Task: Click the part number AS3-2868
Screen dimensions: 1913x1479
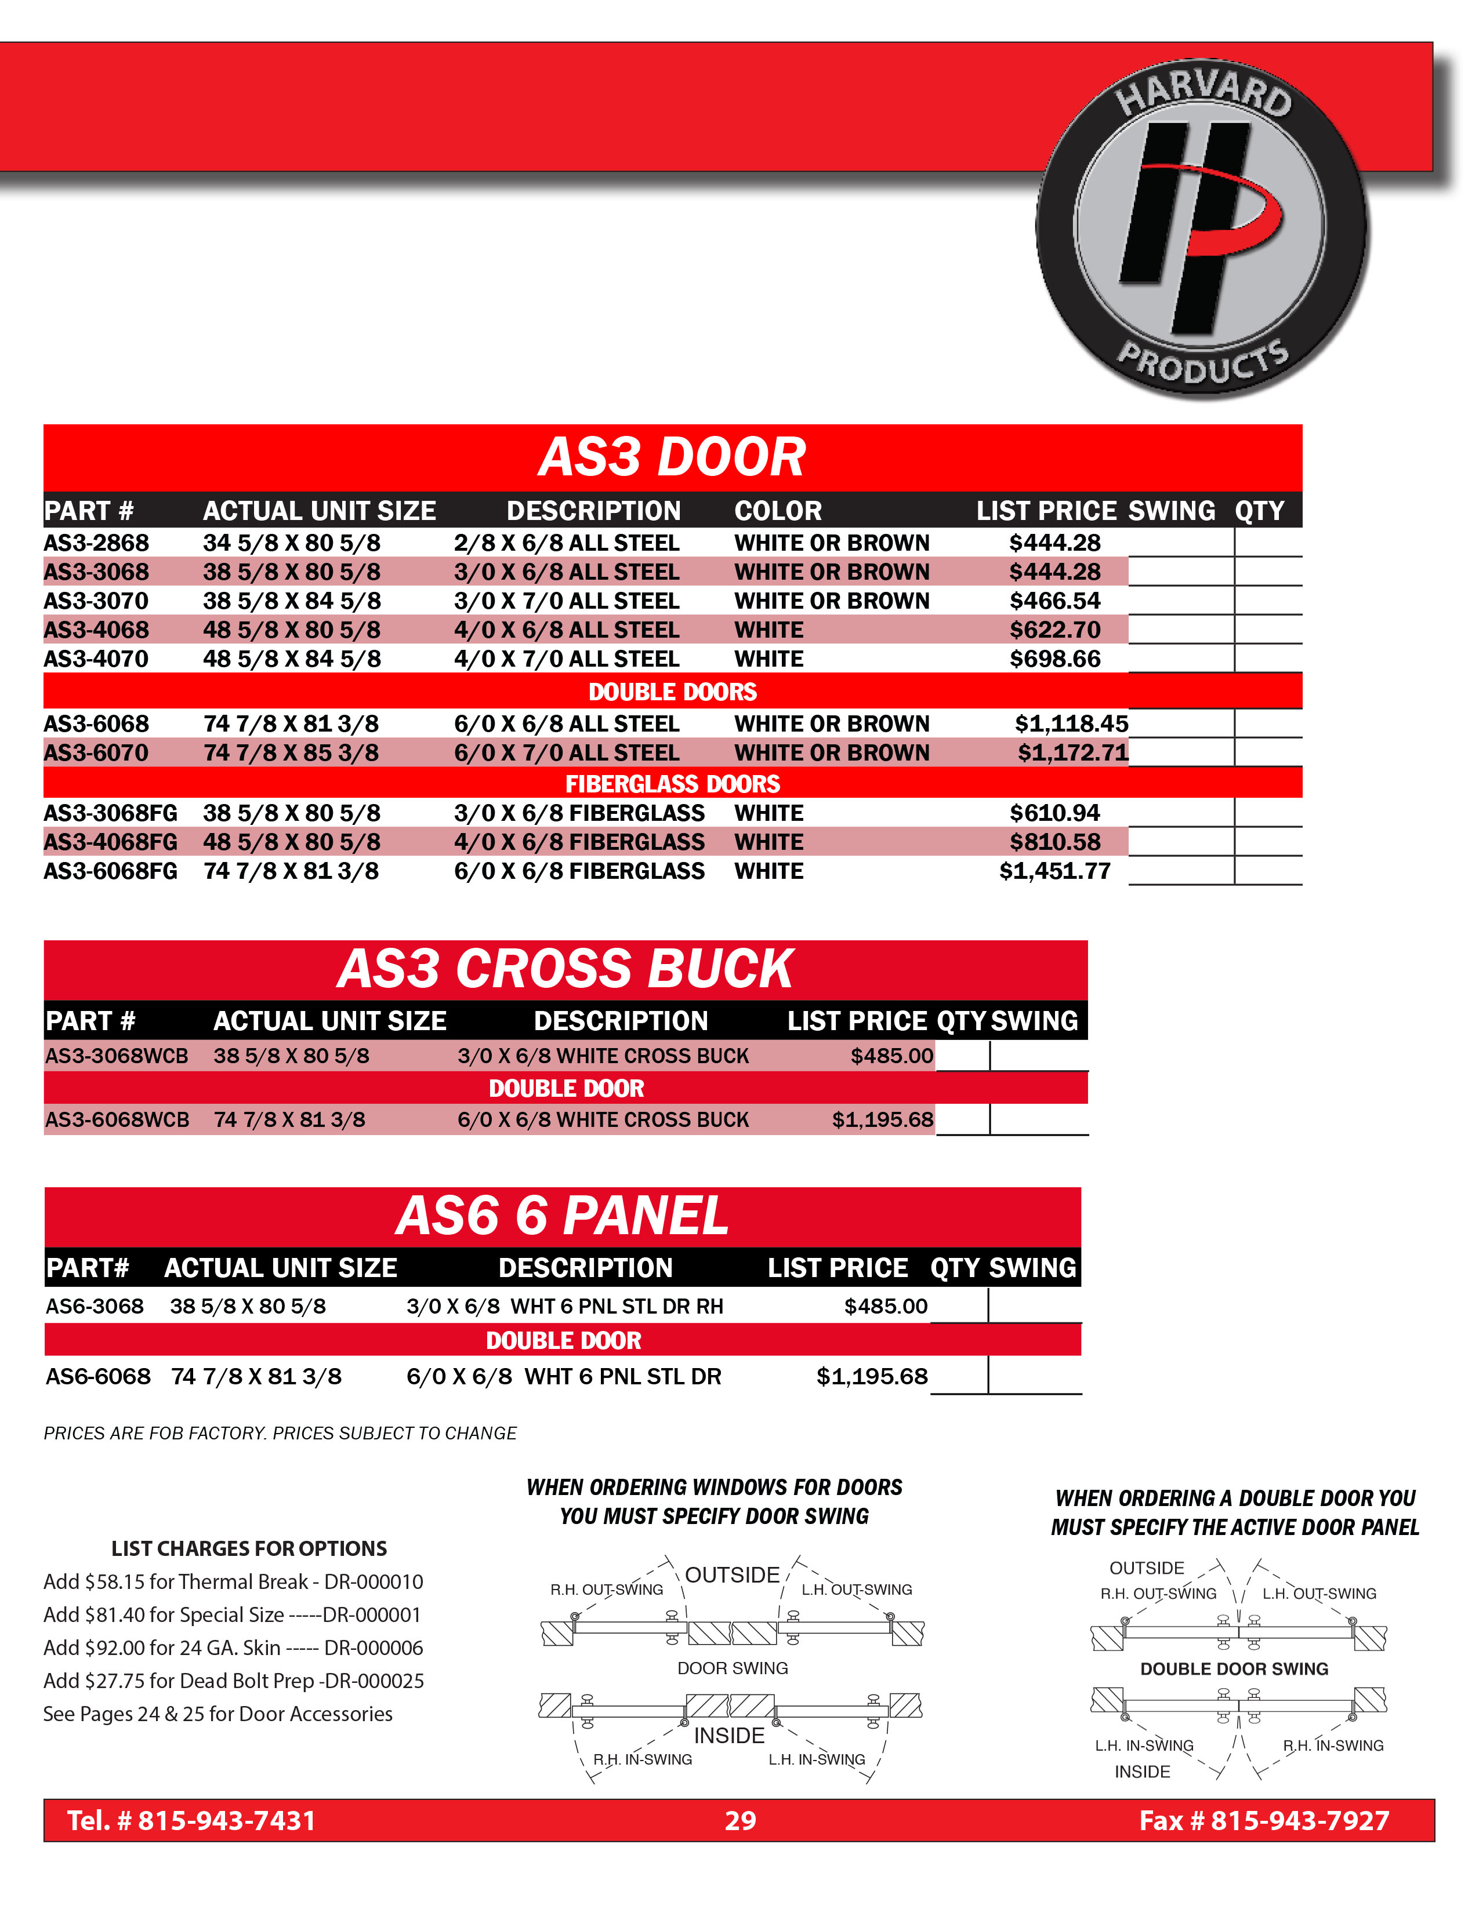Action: click(96, 543)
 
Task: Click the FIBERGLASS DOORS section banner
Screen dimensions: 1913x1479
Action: click(672, 783)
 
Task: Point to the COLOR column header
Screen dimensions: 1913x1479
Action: click(778, 511)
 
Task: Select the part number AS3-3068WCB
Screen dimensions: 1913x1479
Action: click(117, 1056)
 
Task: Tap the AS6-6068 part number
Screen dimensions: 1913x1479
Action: click(98, 1377)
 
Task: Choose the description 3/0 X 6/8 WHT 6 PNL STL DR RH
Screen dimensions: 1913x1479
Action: click(564, 1307)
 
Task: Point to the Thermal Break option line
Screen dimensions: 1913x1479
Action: click(233, 1582)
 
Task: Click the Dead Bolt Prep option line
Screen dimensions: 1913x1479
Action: click(233, 1681)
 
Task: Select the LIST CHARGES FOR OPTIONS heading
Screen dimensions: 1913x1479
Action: click(249, 1548)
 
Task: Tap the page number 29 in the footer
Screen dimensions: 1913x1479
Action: click(739, 1821)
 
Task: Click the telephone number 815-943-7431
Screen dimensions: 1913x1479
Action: click(226, 1821)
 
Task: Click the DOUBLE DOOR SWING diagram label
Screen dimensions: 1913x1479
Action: click(1234, 1668)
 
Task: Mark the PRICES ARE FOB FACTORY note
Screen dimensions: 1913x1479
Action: click(280, 1434)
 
